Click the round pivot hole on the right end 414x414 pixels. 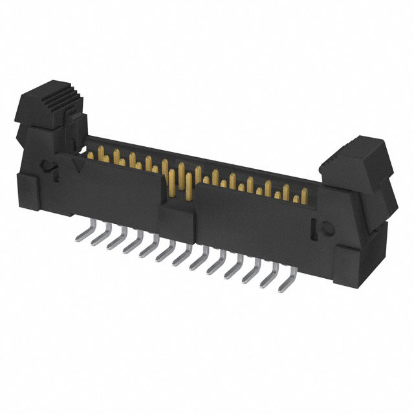327,228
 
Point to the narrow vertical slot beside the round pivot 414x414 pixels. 316,226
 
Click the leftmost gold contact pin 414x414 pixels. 88,156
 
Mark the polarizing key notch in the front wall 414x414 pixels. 179,207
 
